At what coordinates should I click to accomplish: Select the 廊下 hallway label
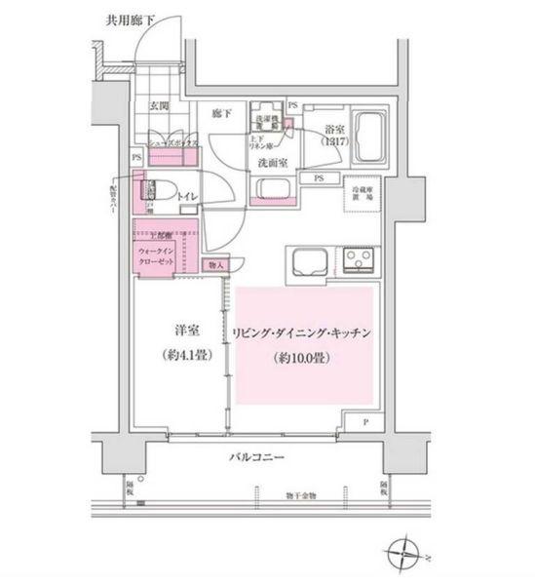coord(222,113)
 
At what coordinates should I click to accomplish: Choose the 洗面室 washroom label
coord(272,164)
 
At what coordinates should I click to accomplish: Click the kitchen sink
coord(308,260)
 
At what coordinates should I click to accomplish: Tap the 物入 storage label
coord(214,263)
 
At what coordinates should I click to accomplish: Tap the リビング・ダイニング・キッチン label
coord(303,332)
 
